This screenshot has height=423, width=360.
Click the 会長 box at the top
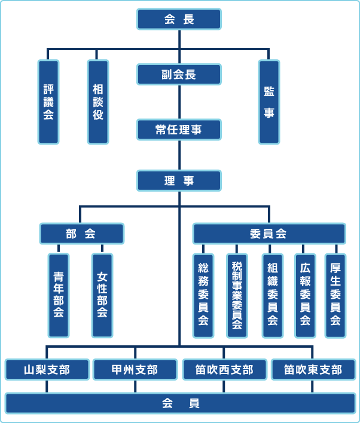point(179,19)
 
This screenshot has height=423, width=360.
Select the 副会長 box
point(179,75)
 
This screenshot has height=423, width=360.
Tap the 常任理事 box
point(179,130)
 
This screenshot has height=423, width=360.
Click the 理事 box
point(179,180)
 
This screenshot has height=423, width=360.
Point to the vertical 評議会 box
point(48,102)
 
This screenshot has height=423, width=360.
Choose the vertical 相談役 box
point(98,102)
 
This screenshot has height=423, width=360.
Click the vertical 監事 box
point(269,102)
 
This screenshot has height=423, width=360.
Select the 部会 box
point(82,233)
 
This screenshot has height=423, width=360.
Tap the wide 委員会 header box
point(269,233)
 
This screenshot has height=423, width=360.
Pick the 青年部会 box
point(59,295)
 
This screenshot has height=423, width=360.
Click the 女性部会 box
point(102,295)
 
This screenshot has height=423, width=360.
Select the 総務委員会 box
point(203,295)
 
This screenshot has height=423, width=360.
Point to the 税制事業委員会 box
point(237,295)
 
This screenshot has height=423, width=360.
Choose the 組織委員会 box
point(272,295)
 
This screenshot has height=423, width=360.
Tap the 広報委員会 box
point(305,295)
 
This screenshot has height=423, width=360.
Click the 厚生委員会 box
point(335,295)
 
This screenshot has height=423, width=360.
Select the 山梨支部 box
point(47,370)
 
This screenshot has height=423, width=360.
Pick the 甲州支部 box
point(135,370)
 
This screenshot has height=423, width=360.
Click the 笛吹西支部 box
point(224,370)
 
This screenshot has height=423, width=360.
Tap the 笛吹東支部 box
point(313,370)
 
